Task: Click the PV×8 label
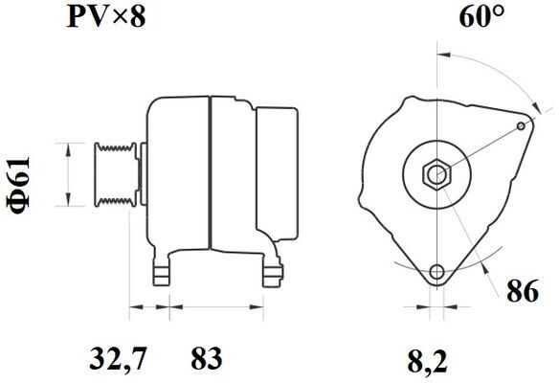(x=106, y=17)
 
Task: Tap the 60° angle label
(x=481, y=16)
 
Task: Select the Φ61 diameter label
(x=18, y=185)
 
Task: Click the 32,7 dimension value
(x=118, y=359)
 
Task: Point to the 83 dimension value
(x=207, y=358)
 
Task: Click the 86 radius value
(x=523, y=291)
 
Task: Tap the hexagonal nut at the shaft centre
(x=436, y=175)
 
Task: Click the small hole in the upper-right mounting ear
(x=521, y=125)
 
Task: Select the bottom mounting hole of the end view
(x=436, y=272)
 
